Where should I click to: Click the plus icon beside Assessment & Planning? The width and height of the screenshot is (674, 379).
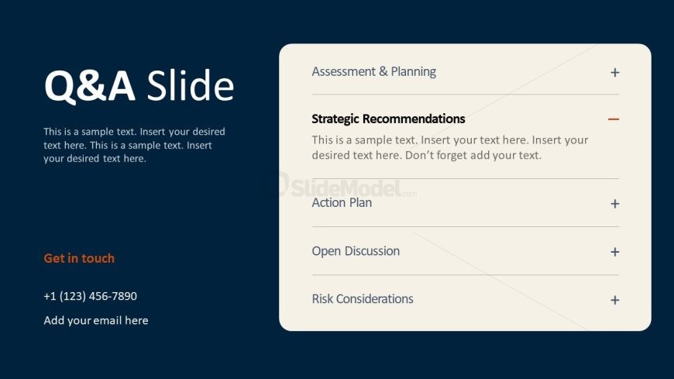(x=614, y=72)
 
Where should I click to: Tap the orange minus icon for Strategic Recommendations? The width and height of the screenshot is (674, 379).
(x=614, y=119)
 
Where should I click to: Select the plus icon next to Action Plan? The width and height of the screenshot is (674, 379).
(x=614, y=204)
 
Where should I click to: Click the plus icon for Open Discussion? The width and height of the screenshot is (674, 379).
(x=614, y=252)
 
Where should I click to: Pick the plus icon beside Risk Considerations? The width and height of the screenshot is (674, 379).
(x=614, y=300)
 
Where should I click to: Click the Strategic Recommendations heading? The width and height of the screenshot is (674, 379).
(x=388, y=119)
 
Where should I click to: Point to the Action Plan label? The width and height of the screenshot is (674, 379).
(x=342, y=202)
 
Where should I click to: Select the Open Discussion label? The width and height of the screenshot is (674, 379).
(x=356, y=251)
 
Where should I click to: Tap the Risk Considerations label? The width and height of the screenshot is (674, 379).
(x=363, y=298)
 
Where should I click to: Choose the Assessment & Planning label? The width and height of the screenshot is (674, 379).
(x=373, y=71)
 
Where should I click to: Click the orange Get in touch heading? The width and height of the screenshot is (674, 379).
(x=79, y=258)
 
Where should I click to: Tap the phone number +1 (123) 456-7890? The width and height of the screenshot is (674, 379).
(x=91, y=296)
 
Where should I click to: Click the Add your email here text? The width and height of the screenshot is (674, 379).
(x=96, y=321)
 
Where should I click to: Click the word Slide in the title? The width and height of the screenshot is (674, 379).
(x=191, y=85)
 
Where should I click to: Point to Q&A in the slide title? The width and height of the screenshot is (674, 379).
(x=89, y=87)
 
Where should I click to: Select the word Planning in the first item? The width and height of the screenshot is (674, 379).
(x=413, y=72)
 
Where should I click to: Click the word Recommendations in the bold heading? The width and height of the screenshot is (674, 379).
(x=414, y=119)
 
